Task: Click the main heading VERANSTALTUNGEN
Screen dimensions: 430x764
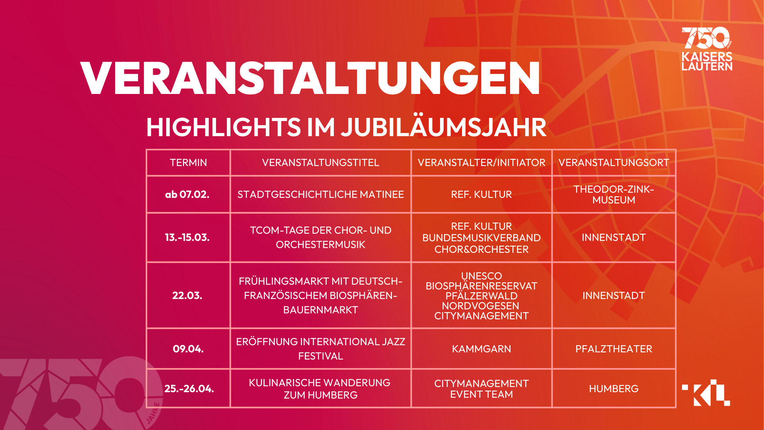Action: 310,78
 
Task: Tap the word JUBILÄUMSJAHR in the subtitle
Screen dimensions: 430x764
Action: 444,127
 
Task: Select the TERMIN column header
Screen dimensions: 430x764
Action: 188,162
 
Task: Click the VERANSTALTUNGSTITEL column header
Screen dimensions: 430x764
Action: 320,162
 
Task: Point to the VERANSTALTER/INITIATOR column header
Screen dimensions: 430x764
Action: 481,162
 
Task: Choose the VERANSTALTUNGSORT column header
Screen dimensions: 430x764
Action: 614,162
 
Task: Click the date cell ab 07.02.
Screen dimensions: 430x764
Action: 187,194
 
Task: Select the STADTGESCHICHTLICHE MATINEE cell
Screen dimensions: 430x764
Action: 320,194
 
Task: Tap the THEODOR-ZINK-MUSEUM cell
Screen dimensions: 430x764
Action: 614,194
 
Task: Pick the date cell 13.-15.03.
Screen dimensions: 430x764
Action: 187,237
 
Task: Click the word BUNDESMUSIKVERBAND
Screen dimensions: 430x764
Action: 481,238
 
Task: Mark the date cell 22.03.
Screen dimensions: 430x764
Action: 187,295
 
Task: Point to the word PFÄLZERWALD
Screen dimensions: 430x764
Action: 481,296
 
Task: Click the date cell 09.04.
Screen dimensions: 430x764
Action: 188,349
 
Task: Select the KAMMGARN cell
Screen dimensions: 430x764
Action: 481,349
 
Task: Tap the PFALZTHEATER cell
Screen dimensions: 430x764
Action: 614,349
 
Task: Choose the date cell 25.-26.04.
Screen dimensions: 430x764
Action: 189,389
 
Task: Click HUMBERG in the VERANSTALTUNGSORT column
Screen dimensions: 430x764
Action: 614,389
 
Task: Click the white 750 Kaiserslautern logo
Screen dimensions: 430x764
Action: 707,49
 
